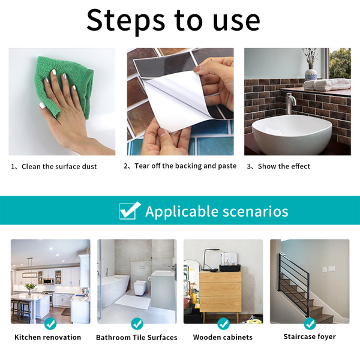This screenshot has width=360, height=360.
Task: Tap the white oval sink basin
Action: coord(292,134)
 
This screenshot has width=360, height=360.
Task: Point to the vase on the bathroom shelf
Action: coord(311,73)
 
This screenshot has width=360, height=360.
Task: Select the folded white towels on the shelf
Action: coord(327,85)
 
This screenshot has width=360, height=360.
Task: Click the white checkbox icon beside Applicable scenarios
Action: coord(130,211)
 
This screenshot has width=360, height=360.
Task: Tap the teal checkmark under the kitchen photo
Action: coord(50,324)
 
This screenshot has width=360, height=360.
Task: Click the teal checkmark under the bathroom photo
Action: coord(137,324)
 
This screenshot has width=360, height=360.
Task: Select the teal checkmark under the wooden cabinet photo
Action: coord(223,324)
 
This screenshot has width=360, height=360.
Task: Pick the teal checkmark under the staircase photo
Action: coord(310,324)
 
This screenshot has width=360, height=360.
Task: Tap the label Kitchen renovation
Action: coord(48,337)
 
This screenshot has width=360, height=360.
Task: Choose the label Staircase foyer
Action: coord(310,337)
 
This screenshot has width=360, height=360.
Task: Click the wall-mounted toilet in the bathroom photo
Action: coord(140,287)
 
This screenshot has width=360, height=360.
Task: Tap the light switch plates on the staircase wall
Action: coord(328,269)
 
